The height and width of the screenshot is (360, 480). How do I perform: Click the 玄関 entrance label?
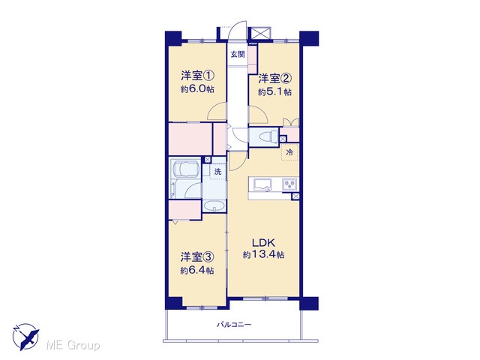point(238,55)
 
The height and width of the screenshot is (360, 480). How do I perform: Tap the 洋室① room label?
point(197,76)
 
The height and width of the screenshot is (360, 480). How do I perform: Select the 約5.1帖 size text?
point(274,91)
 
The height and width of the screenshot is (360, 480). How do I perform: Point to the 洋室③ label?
point(196,257)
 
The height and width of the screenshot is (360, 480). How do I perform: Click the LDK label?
point(263,243)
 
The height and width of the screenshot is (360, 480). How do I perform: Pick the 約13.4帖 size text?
point(263,255)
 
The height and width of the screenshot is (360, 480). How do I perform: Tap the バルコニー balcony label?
point(234,325)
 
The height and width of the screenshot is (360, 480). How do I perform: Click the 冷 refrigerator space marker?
point(289,152)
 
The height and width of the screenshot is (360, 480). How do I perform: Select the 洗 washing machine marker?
point(217,172)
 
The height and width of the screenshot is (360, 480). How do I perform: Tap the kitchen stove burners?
point(289,184)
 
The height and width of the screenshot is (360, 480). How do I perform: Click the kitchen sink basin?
point(262,184)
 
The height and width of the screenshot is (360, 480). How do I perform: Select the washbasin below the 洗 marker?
point(214,206)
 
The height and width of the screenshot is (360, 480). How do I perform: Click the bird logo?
point(25,336)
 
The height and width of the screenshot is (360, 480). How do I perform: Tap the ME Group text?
point(73,346)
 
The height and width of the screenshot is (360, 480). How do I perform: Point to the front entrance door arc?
point(238,29)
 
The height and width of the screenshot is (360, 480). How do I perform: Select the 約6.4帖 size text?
point(196,271)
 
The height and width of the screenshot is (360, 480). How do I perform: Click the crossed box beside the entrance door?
point(261,33)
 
